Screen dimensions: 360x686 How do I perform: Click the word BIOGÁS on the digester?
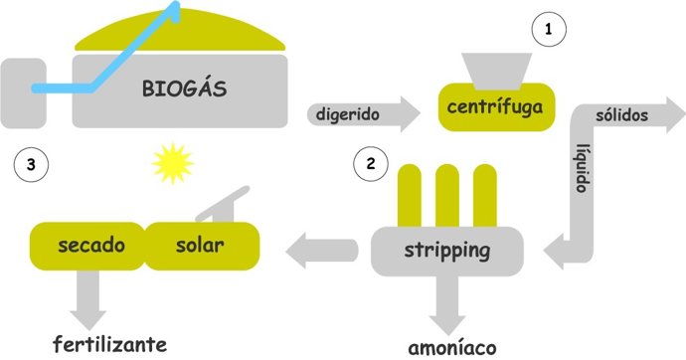183,90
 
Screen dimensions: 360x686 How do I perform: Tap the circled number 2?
371,164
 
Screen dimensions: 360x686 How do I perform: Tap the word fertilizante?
109,345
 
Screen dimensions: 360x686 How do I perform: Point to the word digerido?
348,113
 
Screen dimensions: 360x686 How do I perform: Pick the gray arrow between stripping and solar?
328,251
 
